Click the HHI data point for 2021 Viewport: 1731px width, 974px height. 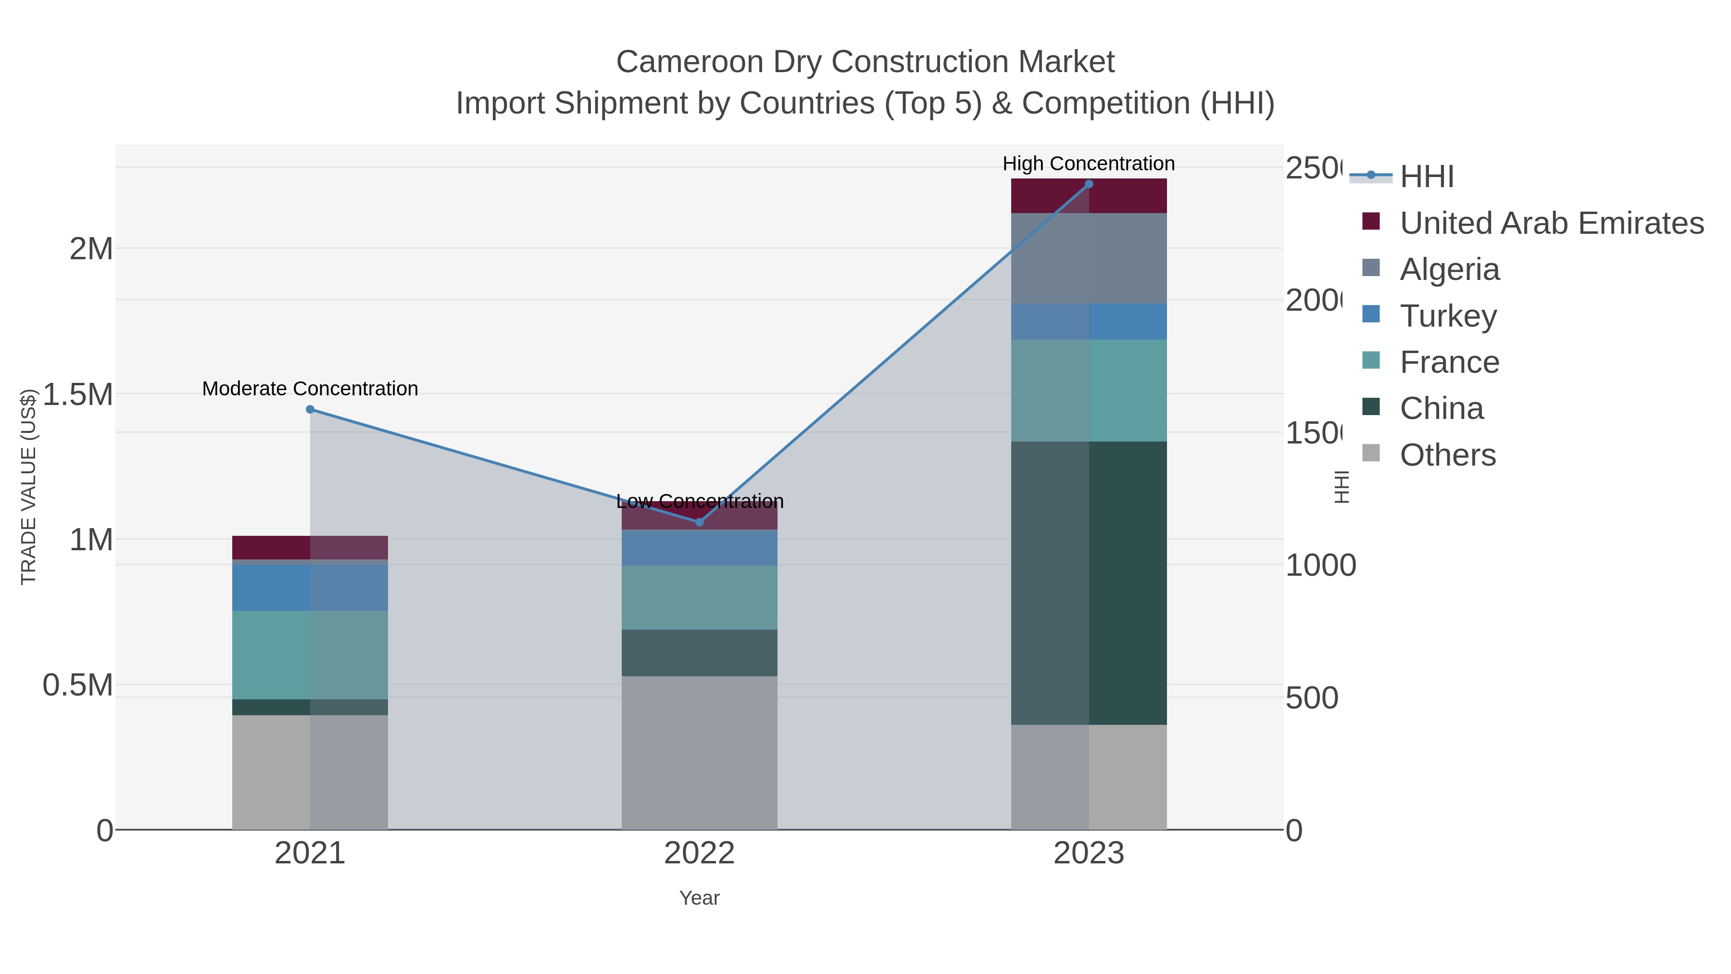coord(310,409)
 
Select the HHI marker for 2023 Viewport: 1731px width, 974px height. coord(1089,184)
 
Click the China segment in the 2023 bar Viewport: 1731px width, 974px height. coord(1089,583)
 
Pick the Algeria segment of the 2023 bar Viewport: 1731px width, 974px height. coord(1089,258)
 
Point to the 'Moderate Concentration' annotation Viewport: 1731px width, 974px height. coord(310,389)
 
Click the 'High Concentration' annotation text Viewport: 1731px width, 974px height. coord(1089,164)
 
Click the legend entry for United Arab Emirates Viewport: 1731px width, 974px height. coord(1551,223)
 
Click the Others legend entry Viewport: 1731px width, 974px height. coord(1447,455)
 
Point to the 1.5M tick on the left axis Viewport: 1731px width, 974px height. coord(78,394)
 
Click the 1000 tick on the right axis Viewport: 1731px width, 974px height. coord(1320,565)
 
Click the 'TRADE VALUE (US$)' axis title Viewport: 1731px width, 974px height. coord(28,487)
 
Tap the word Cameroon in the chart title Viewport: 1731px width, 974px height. coord(689,62)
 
